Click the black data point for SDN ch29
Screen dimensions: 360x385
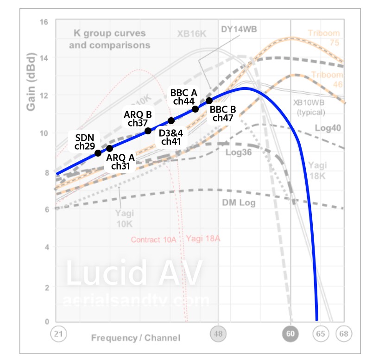tap(98, 153)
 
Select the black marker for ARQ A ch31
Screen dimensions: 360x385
tap(110, 148)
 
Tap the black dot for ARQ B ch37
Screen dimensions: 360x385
tap(148, 131)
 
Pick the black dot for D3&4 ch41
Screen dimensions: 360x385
tap(171, 120)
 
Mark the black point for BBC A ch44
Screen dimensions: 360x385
tap(195, 109)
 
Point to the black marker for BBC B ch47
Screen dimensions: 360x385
tap(209, 101)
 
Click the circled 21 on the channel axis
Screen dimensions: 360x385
tap(58, 334)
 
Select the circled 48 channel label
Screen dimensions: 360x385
tap(218, 334)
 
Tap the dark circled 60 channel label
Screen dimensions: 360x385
tap(290, 334)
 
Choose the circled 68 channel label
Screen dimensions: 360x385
tap(344, 334)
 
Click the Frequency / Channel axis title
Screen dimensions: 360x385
tap(136, 338)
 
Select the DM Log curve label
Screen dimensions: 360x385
tap(239, 202)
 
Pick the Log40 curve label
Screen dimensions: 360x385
tap(328, 127)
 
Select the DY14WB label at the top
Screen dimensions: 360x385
tap(239, 30)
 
